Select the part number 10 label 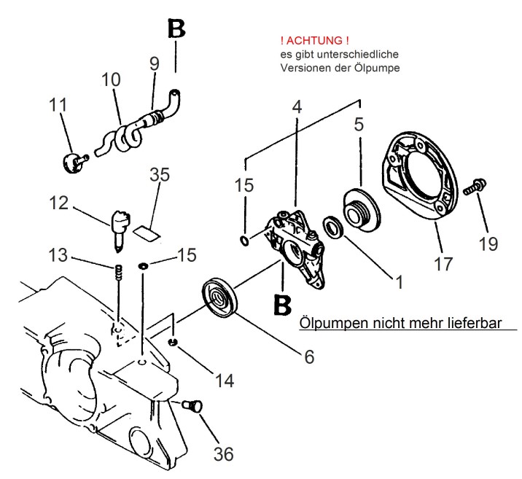pyautogui.click(x=112, y=78)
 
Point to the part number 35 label pyautogui.click(x=159, y=176)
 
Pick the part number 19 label pyautogui.click(x=488, y=243)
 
